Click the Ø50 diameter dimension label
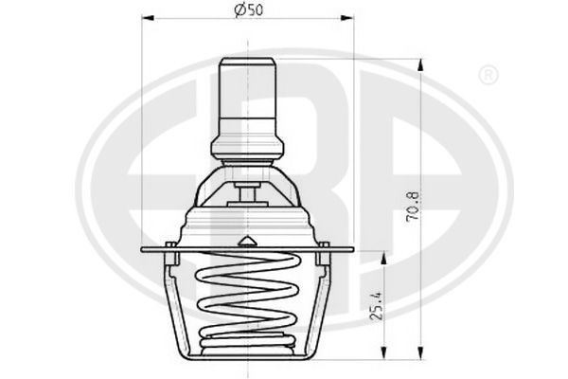pos(248,9)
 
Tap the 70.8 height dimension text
pos(412,206)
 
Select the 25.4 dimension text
pos(377,306)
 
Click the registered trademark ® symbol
pos(488,76)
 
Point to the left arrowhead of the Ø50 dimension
pos(148,18)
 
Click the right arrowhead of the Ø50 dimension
pos(346,18)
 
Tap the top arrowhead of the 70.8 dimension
pos(420,65)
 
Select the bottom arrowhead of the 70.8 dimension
pos(420,353)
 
